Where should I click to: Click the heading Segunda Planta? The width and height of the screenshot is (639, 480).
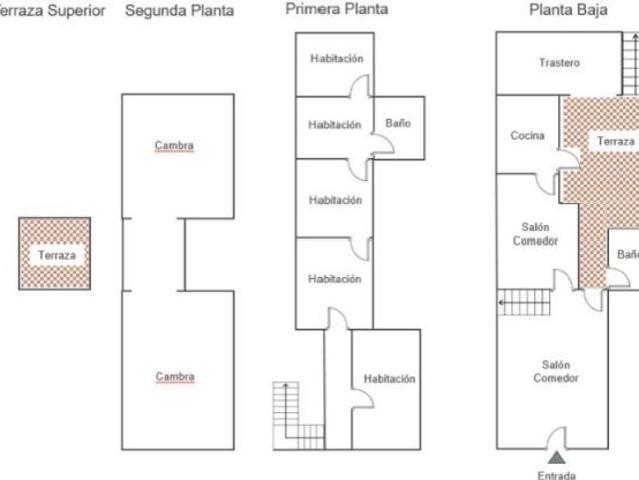click(x=179, y=11)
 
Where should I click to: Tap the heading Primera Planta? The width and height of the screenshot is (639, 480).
click(x=336, y=9)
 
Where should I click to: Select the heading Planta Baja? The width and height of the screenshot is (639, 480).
click(x=558, y=11)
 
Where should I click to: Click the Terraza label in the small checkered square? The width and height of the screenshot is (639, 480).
click(x=56, y=255)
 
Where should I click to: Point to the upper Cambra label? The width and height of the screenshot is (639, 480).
click(x=174, y=146)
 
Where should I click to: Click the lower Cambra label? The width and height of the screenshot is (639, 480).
click(x=174, y=377)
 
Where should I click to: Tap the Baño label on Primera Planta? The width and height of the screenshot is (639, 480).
click(x=398, y=124)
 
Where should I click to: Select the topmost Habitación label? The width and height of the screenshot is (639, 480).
click(x=336, y=59)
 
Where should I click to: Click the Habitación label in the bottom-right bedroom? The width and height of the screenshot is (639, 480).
click(x=389, y=379)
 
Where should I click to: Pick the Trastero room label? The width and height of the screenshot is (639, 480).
click(x=559, y=63)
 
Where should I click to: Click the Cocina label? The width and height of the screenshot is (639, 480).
click(x=527, y=136)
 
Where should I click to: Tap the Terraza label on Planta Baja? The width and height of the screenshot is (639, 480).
click(x=615, y=142)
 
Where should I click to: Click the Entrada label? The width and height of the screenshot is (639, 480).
click(x=556, y=475)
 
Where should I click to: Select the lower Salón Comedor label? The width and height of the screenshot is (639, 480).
click(x=555, y=372)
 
